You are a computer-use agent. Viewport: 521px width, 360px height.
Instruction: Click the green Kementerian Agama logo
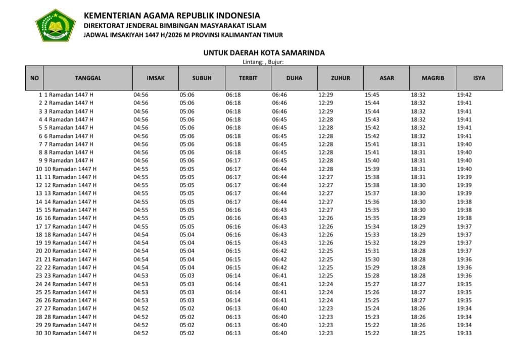(x=55, y=25)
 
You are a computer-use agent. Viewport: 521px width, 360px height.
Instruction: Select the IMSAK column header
(x=155, y=78)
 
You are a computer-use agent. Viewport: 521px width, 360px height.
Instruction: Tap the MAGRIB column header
(x=433, y=78)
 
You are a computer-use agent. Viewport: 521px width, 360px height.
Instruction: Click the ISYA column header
(x=479, y=78)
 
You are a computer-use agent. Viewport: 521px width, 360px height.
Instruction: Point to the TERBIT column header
(x=248, y=78)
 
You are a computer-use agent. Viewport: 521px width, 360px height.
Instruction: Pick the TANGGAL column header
(x=88, y=78)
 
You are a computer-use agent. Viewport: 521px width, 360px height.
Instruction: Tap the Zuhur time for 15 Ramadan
(x=325, y=210)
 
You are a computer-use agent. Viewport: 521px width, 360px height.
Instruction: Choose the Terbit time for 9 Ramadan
(x=233, y=161)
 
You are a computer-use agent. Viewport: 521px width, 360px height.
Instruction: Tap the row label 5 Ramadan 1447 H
(x=69, y=128)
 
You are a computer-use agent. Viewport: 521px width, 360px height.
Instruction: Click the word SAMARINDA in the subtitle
(x=304, y=53)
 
